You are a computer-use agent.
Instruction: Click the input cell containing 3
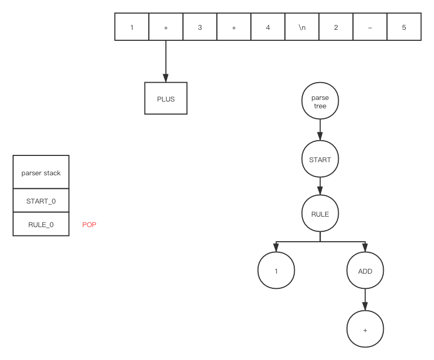[x=199, y=27]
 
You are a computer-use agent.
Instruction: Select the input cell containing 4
[x=268, y=27]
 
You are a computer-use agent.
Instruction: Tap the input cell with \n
[x=302, y=27]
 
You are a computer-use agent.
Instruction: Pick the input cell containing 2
[x=336, y=27]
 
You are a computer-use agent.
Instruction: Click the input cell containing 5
[x=404, y=27]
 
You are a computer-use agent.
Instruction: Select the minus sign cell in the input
[x=370, y=27]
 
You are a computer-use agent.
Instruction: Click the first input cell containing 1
[x=131, y=27]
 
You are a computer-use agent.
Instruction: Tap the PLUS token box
[x=165, y=98]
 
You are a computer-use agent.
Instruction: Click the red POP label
[x=90, y=224]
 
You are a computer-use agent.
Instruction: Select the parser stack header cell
[x=41, y=172]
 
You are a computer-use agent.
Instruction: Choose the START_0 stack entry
[x=41, y=200]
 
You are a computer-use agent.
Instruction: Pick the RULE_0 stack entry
[x=41, y=224]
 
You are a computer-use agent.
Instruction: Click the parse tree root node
[x=320, y=102]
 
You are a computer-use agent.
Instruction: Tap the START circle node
[x=320, y=160]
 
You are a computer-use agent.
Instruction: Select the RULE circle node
[x=320, y=214]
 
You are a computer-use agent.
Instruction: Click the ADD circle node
[x=365, y=271]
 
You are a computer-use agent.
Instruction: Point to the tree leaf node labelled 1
[x=276, y=271]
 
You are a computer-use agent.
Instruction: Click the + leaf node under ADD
[x=365, y=330]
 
